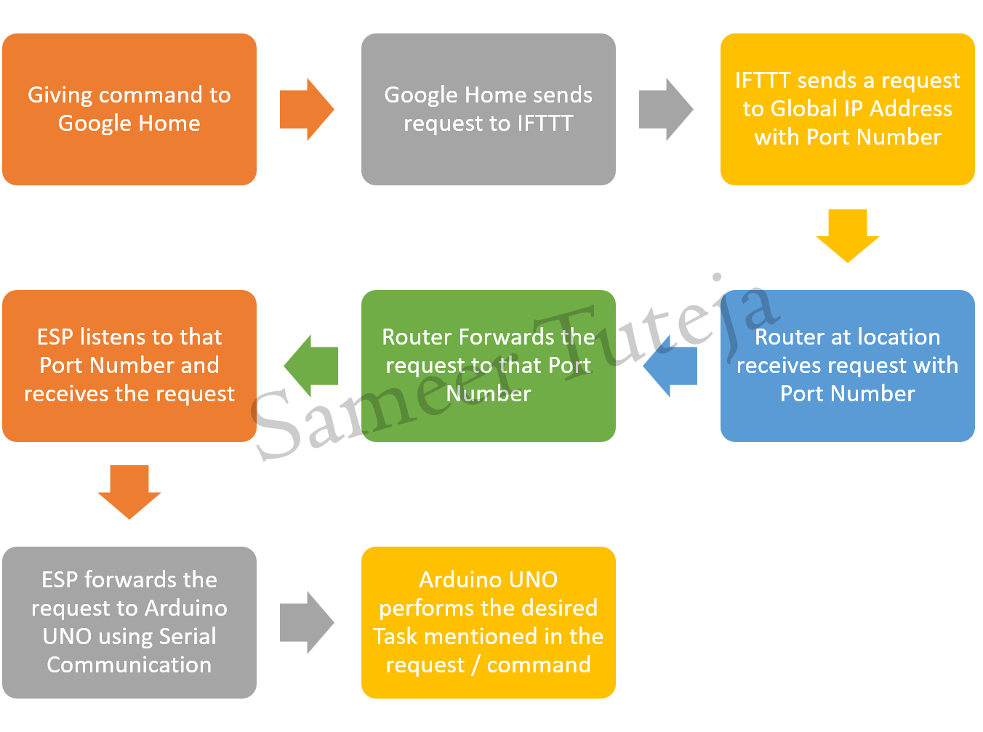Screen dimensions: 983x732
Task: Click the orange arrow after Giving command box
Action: point(307,110)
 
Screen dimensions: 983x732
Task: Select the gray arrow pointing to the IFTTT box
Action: point(666,110)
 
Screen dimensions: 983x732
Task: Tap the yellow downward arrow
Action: point(847,236)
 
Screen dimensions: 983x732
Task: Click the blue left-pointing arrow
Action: point(670,366)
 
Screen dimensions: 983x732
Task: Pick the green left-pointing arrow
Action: point(310,366)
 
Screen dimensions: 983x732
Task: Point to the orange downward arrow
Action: point(129,492)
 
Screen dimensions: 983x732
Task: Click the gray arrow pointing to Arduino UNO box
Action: point(307,622)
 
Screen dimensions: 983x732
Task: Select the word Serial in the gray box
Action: point(188,636)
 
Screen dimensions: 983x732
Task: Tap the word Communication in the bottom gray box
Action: point(129,664)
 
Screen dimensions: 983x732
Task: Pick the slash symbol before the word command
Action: point(476,665)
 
